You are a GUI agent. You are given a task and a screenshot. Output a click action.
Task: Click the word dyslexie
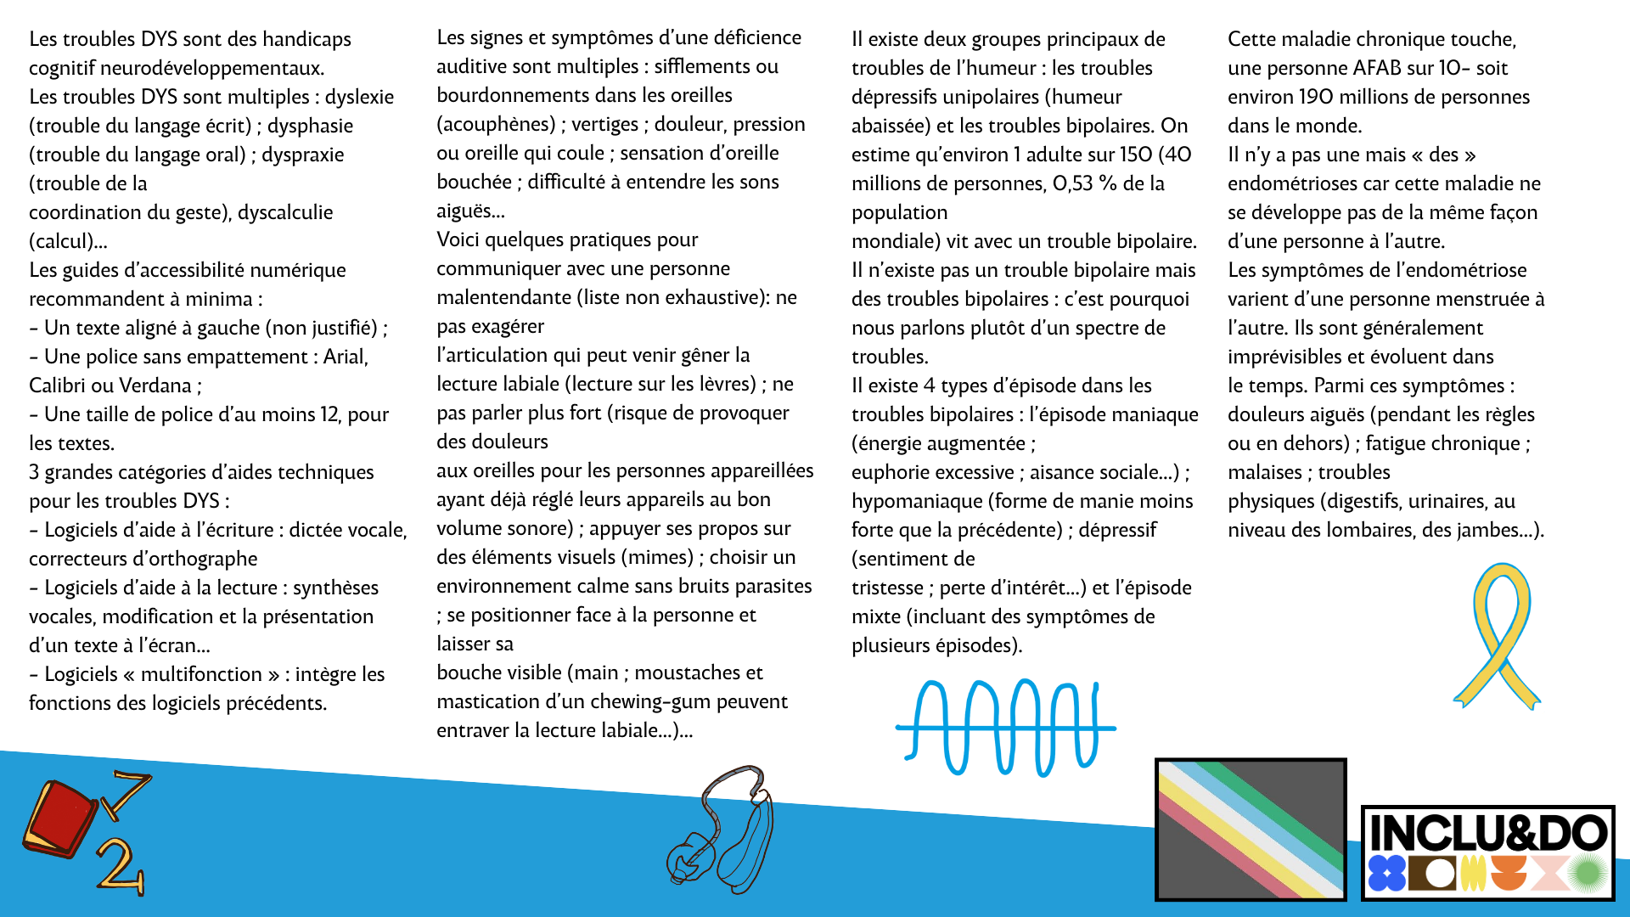[x=359, y=97]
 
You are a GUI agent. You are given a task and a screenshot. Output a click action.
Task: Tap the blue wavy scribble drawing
[x=1005, y=727]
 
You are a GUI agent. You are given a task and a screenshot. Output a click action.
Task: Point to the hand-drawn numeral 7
[x=127, y=794]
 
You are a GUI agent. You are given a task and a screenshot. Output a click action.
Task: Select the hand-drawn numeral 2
[x=121, y=866]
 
